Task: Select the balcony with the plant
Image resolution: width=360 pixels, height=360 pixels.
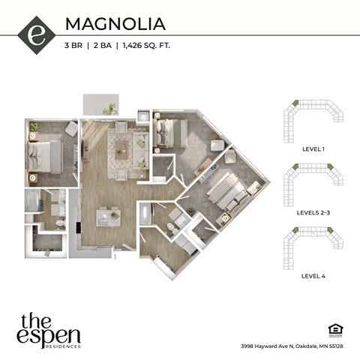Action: (x=100, y=104)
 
